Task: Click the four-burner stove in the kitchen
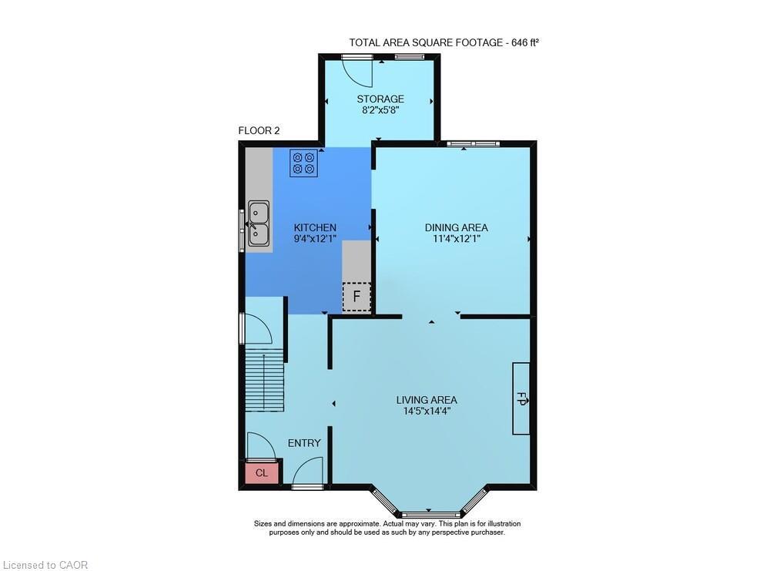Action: tap(303, 163)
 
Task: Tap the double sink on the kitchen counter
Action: tap(258, 223)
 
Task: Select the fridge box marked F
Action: tap(357, 297)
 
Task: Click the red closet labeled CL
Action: tap(262, 472)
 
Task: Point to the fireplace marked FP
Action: tap(521, 398)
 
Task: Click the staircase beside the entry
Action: tap(265, 379)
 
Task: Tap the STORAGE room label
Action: tap(380, 99)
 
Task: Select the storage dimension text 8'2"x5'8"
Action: tap(380, 110)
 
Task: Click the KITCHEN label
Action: tap(315, 227)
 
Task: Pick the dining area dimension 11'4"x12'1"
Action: tap(456, 239)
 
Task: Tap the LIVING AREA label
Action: tap(427, 400)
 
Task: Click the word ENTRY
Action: tap(304, 443)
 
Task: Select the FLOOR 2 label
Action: tap(259, 131)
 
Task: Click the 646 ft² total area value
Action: tap(525, 42)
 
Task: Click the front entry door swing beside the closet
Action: tap(308, 471)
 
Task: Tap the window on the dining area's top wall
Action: tap(474, 143)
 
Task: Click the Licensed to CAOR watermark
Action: tap(45, 565)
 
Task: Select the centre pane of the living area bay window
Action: tap(431, 515)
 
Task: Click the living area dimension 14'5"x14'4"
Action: tap(427, 411)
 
